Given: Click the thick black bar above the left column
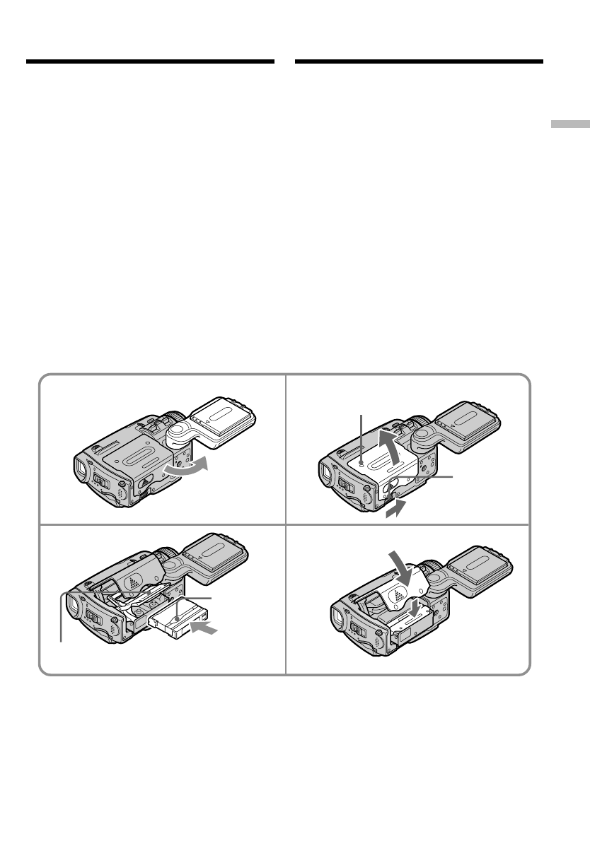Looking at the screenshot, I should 150,62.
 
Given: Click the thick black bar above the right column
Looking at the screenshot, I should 419,62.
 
